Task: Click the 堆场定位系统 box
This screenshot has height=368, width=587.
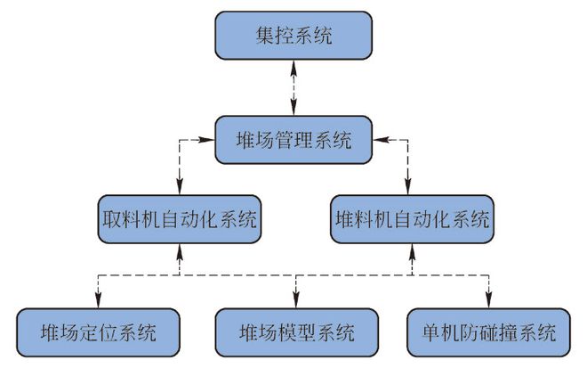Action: pos(98,333)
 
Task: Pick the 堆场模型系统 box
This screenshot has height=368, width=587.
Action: pos(296,333)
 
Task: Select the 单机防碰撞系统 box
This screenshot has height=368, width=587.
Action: pos(489,333)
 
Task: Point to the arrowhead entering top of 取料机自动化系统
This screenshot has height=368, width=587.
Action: pos(180,188)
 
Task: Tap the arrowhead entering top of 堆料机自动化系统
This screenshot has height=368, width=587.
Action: pos(408,188)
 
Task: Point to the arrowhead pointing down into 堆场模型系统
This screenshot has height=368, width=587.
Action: pos(296,302)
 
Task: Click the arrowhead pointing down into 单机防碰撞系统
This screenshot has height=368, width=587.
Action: pos(488,302)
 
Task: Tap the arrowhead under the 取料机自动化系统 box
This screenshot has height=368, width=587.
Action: pos(180,252)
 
